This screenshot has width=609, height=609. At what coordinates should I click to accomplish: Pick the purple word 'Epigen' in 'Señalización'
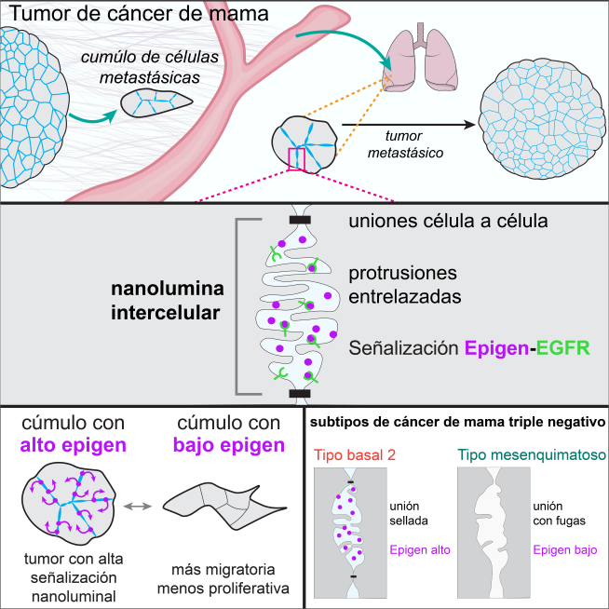click(x=495, y=348)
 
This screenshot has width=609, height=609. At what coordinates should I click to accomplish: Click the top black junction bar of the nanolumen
click(x=300, y=220)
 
